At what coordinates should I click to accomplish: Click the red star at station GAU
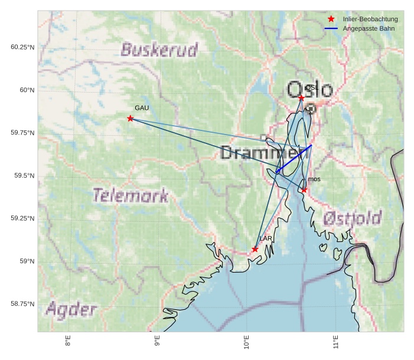(130, 119)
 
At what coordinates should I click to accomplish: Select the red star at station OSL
(301, 98)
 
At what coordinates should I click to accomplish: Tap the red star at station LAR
(255, 249)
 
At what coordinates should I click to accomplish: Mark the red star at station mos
(304, 190)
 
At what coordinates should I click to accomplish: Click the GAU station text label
(142, 108)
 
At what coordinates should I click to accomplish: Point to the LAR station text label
(266, 238)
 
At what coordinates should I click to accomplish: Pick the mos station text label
(314, 179)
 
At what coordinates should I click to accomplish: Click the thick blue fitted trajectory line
(294, 158)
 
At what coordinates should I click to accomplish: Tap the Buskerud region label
(159, 50)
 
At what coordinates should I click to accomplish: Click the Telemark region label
(131, 195)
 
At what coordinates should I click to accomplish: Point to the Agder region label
(71, 309)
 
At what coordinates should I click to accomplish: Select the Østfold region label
(353, 219)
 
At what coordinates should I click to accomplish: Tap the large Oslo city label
(309, 90)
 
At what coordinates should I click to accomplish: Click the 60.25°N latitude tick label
(22, 47)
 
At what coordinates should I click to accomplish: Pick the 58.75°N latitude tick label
(22, 303)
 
